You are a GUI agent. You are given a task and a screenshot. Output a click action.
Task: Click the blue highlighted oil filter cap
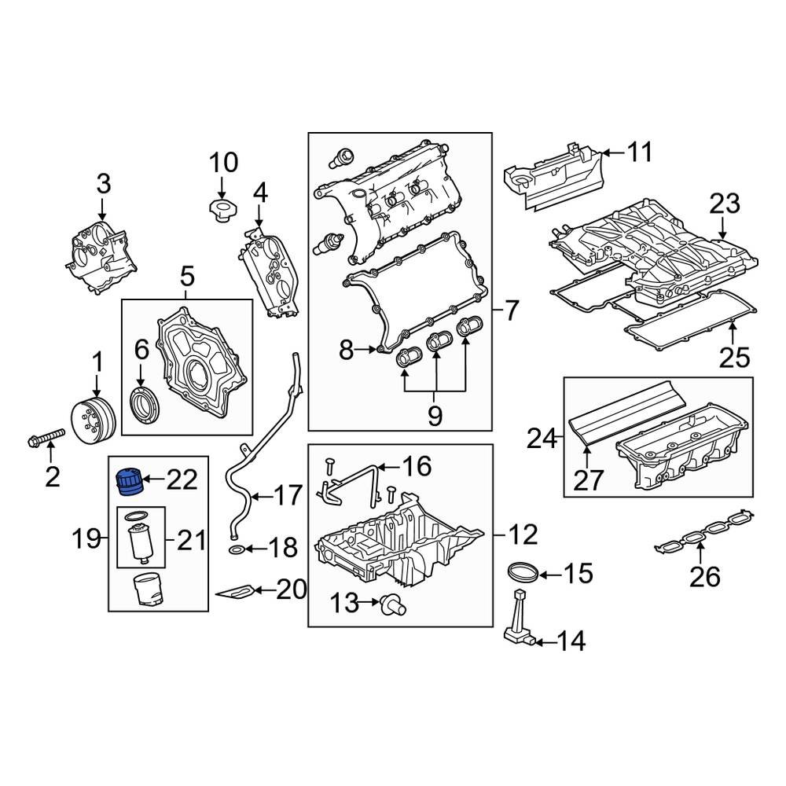128,480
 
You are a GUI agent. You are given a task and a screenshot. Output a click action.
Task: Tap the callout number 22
181,479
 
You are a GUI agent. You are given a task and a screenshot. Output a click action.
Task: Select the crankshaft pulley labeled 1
93,420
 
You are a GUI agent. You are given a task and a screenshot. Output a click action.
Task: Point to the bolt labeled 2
46,436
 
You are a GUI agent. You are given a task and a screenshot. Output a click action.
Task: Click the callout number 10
222,163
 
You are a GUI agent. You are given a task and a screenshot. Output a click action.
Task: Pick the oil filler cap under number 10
221,210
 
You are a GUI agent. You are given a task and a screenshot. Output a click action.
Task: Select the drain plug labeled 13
391,603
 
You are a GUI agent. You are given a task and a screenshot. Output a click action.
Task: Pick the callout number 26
704,578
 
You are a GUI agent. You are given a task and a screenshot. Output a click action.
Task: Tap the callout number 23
724,204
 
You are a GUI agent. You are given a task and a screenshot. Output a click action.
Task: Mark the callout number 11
641,152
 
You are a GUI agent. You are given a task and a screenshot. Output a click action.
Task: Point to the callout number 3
104,185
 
